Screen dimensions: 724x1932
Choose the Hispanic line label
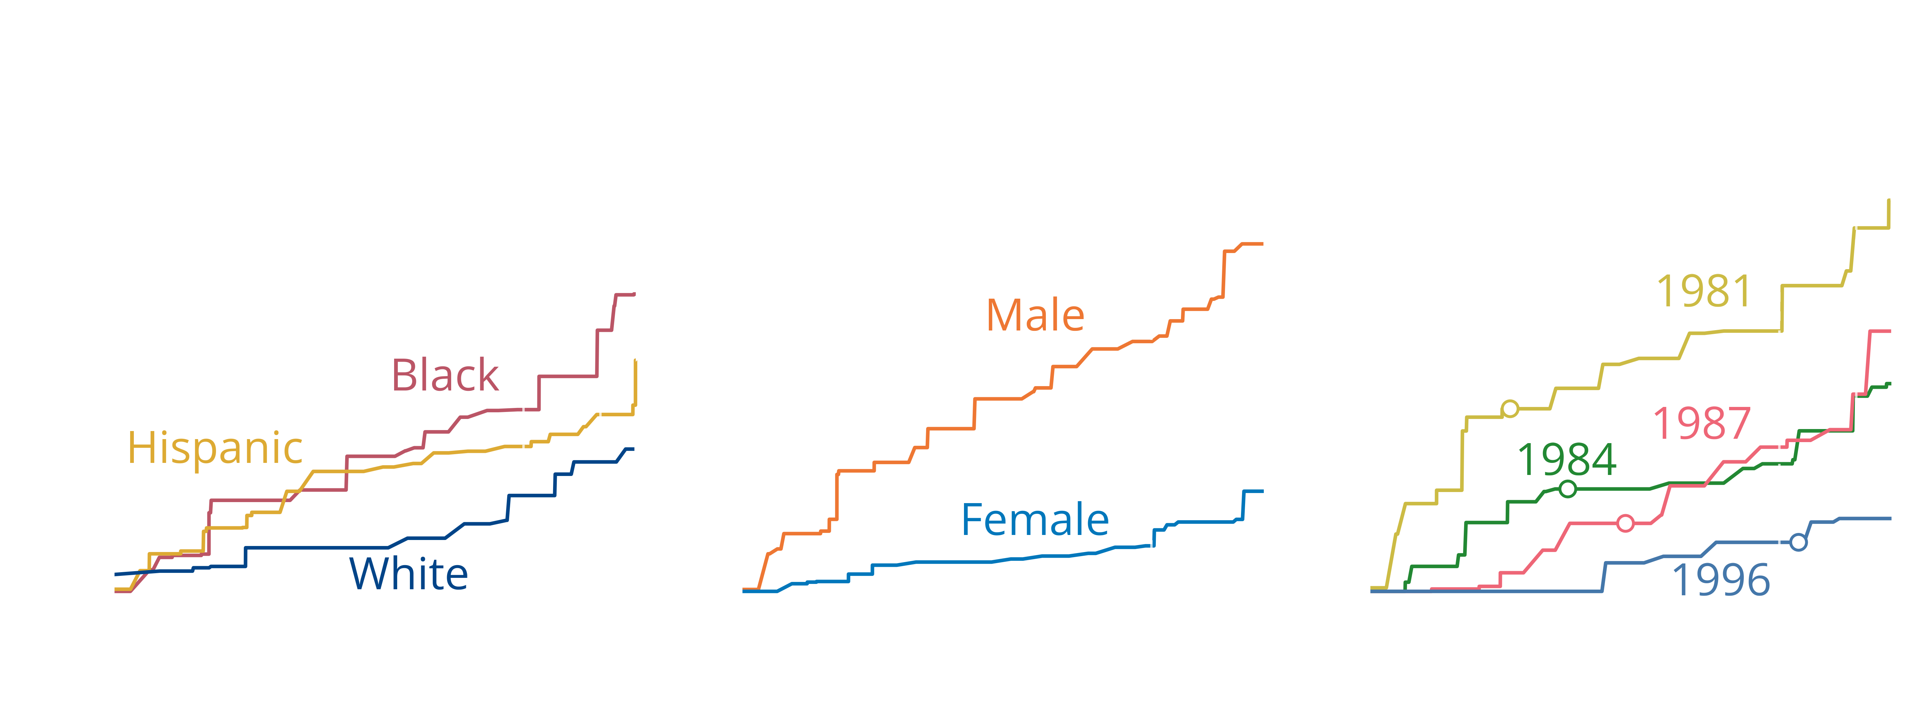pos(215,448)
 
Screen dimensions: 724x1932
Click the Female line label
pos(1035,520)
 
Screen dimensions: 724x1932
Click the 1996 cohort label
pos(1720,579)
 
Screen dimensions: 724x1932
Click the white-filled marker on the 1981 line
pos(1510,409)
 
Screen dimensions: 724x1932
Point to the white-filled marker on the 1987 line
pos(1625,523)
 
